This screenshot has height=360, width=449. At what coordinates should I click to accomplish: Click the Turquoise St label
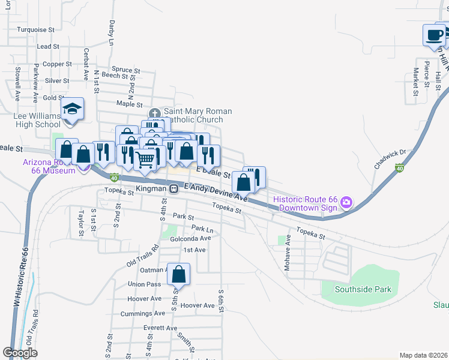pyautogui.click(x=36, y=29)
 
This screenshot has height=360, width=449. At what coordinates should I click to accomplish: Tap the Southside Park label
pyautogui.click(x=364, y=289)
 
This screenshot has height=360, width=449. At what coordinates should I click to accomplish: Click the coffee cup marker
pyautogui.click(x=433, y=35)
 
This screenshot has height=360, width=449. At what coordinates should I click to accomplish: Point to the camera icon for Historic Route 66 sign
pyautogui.click(x=346, y=203)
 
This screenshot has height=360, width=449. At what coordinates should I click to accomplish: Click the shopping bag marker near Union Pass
pyautogui.click(x=179, y=274)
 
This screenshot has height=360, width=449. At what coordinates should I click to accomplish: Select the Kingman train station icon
pyautogui.click(x=173, y=188)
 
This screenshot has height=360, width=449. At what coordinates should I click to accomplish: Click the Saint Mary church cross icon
pyautogui.click(x=154, y=112)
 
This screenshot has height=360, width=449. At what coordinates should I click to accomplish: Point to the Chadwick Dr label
pyautogui.click(x=390, y=159)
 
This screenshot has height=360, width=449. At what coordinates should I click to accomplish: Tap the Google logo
pyautogui.click(x=20, y=353)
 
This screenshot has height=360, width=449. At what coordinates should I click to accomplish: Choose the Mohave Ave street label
pyautogui.click(x=288, y=251)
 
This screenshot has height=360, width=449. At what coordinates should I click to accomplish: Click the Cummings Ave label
pyautogui.click(x=143, y=313)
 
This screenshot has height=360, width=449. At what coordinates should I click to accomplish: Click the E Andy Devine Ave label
pyautogui.click(x=215, y=192)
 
